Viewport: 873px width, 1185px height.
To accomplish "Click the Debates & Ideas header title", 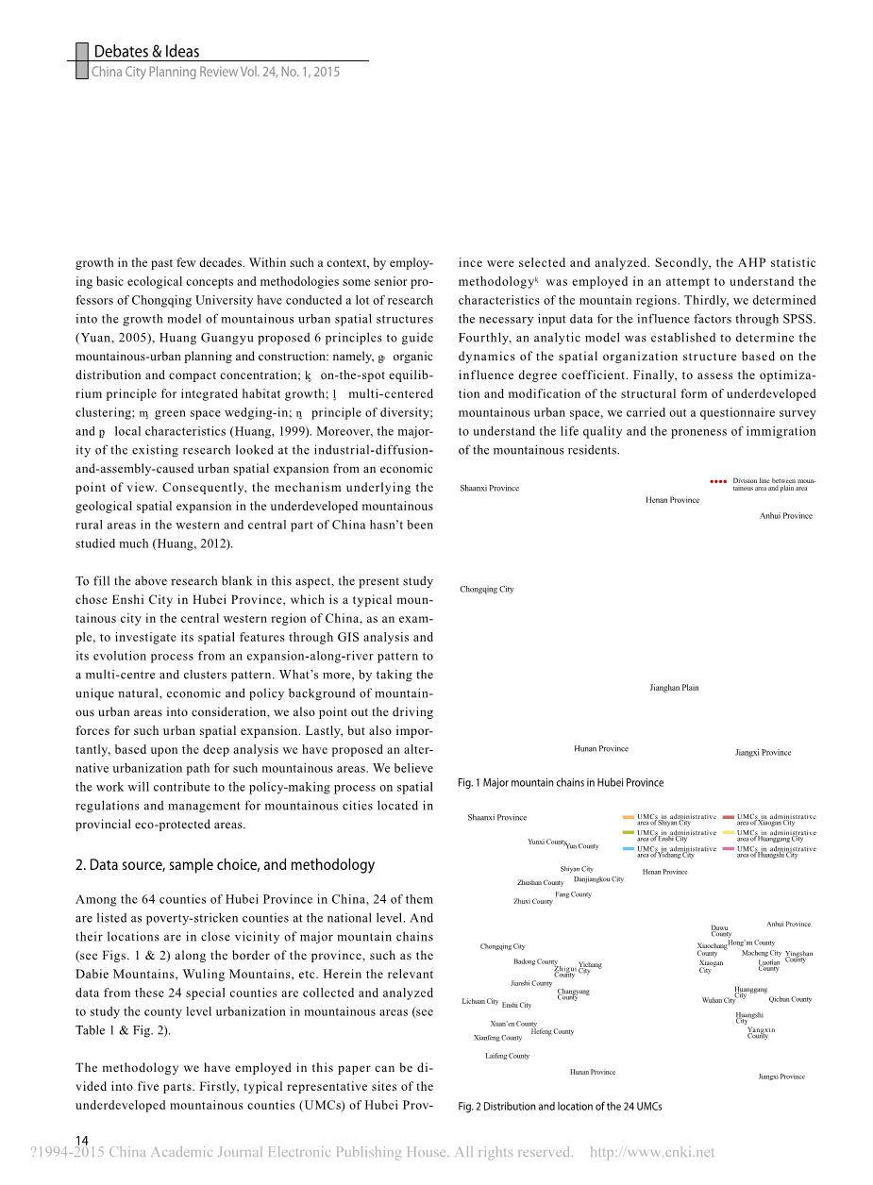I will (x=146, y=52).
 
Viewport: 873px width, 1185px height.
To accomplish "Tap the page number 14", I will (x=82, y=1141).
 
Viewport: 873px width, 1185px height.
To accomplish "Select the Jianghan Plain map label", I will (x=674, y=688).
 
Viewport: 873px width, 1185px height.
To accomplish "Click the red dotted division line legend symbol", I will (x=718, y=481).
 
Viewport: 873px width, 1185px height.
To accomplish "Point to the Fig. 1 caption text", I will (x=560, y=782).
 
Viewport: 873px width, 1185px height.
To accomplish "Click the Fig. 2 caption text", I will (x=560, y=1106).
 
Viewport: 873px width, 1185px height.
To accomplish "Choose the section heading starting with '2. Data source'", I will (x=225, y=864).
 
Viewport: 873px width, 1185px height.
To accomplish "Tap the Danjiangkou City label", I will (x=598, y=879).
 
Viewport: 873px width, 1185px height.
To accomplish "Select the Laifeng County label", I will (x=507, y=1056).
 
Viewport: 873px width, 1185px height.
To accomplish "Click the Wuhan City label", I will (x=718, y=1000).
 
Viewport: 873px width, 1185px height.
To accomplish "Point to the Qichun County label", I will (x=790, y=999).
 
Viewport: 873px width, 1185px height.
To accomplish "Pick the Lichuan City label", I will (x=479, y=1001).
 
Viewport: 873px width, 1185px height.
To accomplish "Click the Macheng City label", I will (x=762, y=953).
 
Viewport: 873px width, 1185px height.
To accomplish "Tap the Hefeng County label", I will (x=552, y=1031).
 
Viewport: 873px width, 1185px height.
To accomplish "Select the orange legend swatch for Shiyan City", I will (x=629, y=817).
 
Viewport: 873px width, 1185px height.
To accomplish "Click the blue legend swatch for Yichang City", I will (x=629, y=849).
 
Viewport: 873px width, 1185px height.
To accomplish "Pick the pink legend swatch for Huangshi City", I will (x=729, y=849).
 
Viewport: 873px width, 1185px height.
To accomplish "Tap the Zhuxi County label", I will (x=533, y=901).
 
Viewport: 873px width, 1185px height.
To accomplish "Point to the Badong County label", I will (x=535, y=961).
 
